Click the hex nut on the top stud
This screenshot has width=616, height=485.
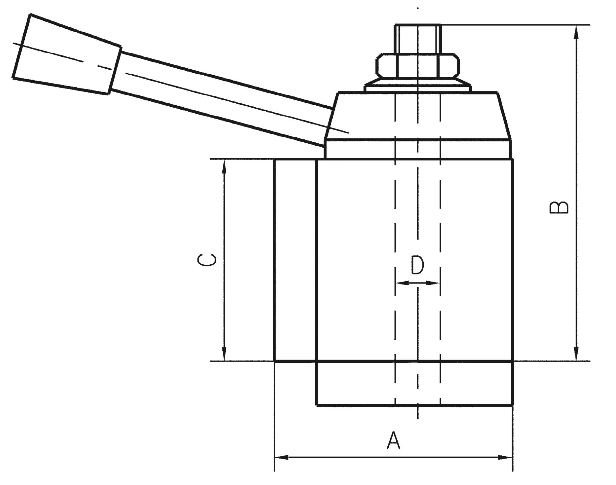(417, 66)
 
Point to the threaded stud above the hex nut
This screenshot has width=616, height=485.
(417, 38)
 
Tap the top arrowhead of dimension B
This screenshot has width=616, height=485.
(576, 31)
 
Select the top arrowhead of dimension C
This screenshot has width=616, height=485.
(224, 166)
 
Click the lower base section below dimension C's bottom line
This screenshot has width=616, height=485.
(414, 383)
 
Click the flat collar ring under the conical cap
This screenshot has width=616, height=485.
(417, 149)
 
